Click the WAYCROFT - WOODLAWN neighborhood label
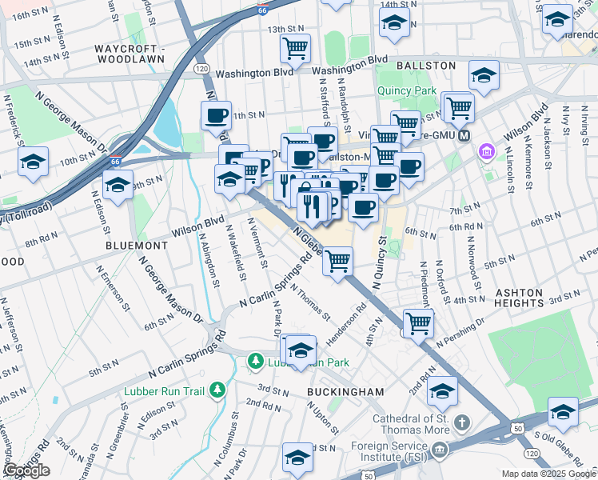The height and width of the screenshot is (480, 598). (x=129, y=54)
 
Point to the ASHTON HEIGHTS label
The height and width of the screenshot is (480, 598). (x=530, y=298)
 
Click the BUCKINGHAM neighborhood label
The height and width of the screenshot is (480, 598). (x=346, y=392)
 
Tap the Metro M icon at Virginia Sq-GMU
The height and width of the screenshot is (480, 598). (x=464, y=135)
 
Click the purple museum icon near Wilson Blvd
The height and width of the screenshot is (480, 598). (x=485, y=151)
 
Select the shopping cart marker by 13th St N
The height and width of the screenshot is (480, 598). (x=295, y=48)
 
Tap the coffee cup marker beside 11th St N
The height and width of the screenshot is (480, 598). (x=216, y=115)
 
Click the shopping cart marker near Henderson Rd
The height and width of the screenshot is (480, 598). (x=418, y=322)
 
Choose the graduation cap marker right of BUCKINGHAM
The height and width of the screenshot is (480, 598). (x=442, y=390)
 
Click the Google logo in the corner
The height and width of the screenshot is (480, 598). (x=27, y=470)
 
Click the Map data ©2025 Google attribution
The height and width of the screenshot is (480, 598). (x=548, y=474)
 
